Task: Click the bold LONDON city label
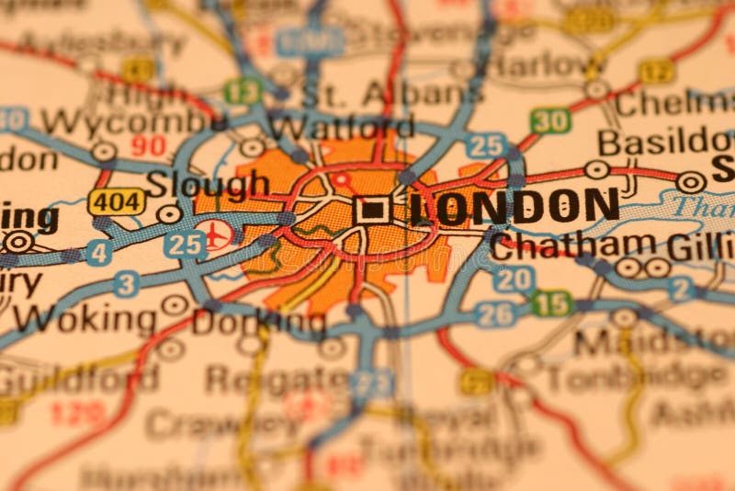click(x=514, y=207)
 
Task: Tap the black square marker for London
click(x=371, y=210)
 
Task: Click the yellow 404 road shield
click(x=117, y=201)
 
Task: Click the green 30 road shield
click(x=550, y=120)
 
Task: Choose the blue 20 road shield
click(x=512, y=279)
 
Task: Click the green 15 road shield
click(x=552, y=303)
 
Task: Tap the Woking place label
click(x=85, y=319)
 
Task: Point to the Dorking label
click(x=259, y=323)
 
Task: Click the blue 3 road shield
click(x=127, y=284)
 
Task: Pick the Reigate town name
click(x=277, y=378)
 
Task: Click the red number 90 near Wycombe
click(x=148, y=145)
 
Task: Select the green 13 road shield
click(x=243, y=91)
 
